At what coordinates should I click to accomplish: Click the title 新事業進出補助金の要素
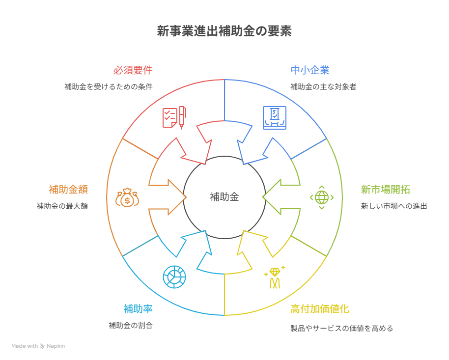pyautogui.click(x=224, y=31)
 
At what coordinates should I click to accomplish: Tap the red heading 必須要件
pyautogui.click(x=133, y=70)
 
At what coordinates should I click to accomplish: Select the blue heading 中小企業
pyautogui.click(x=310, y=70)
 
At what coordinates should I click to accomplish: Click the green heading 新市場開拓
pyautogui.click(x=386, y=190)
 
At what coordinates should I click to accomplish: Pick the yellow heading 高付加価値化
pyautogui.click(x=320, y=309)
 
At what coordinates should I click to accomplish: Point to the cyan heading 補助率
pyautogui.click(x=138, y=309)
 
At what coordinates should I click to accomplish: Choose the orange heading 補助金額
pyautogui.click(x=68, y=190)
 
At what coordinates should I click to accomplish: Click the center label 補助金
pyautogui.click(x=224, y=197)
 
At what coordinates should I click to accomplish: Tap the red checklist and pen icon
pyautogui.click(x=174, y=117)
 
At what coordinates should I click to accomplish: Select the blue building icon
pyautogui.click(x=274, y=118)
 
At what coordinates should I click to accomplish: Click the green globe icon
pyautogui.click(x=322, y=197)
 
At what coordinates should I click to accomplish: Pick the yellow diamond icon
pyautogui.click(x=275, y=277)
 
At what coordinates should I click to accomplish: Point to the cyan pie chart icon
pyautogui.click(x=174, y=277)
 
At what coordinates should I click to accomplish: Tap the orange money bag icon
pyautogui.click(x=127, y=197)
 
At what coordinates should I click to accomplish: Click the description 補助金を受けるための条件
pyautogui.click(x=109, y=87)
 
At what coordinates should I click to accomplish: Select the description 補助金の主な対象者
pyautogui.click(x=323, y=87)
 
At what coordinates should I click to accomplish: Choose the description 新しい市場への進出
pyautogui.click(x=394, y=206)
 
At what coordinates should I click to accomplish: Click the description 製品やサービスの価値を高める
pyautogui.click(x=341, y=328)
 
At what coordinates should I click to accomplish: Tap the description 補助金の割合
pyautogui.click(x=131, y=325)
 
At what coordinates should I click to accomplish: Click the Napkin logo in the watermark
pyautogui.click(x=42, y=346)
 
